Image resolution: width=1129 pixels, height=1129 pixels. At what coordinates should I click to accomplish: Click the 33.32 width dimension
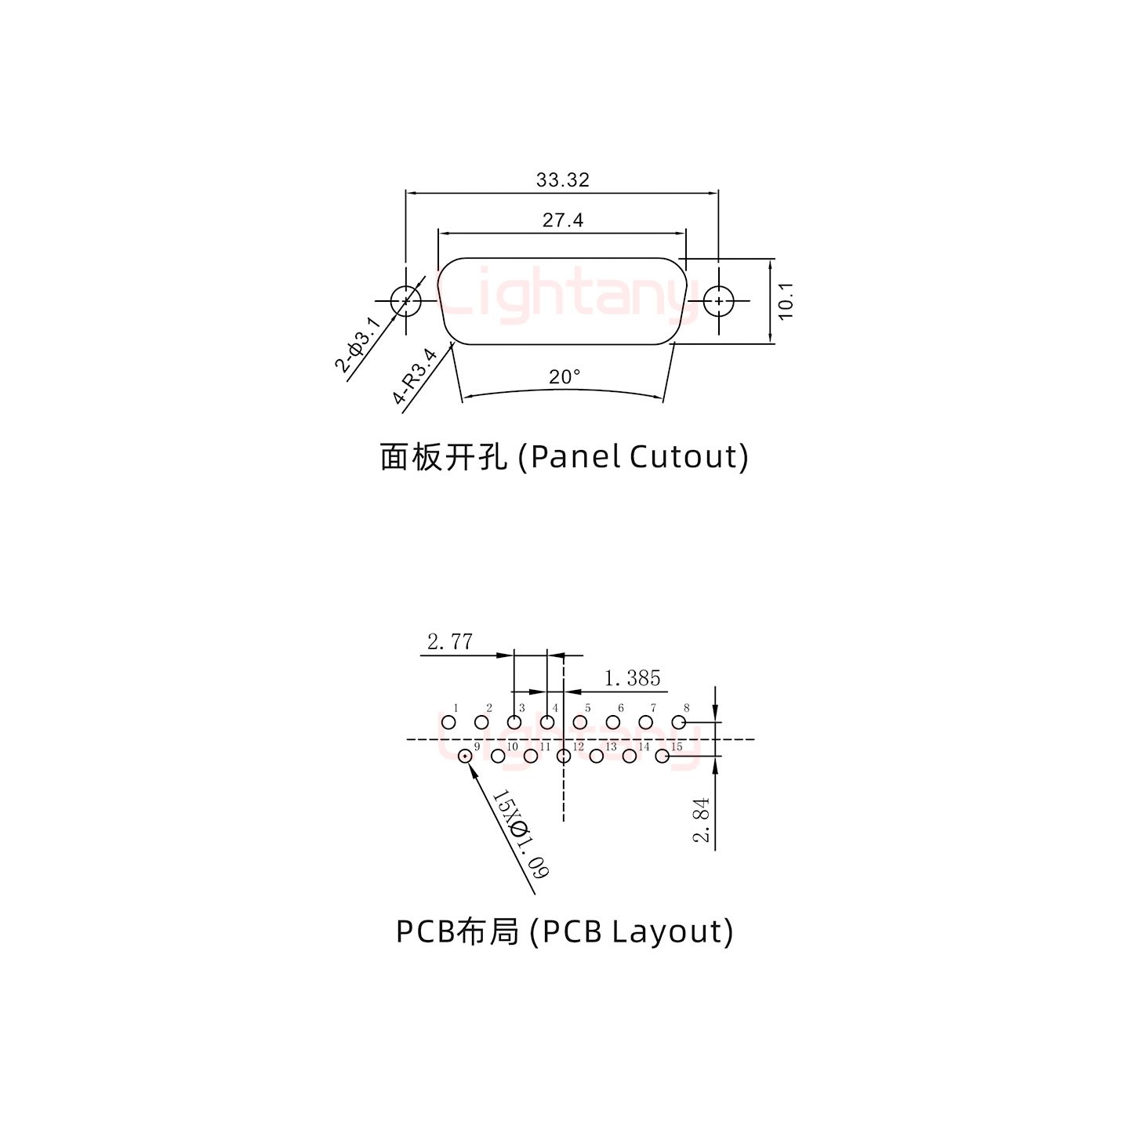(562, 180)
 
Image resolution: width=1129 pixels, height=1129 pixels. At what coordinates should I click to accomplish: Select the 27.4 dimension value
(562, 220)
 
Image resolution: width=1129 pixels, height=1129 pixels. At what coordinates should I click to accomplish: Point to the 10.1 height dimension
(786, 300)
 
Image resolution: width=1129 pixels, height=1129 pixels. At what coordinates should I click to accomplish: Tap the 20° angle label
(564, 377)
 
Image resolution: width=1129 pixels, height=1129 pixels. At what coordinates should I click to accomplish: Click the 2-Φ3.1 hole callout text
(359, 343)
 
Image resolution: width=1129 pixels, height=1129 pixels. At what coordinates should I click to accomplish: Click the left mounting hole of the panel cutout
(406, 300)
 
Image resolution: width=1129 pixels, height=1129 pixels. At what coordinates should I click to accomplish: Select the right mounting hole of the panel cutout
(718, 300)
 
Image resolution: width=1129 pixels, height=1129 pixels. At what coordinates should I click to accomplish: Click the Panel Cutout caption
(564, 456)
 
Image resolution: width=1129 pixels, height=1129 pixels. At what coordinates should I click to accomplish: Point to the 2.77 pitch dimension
(450, 642)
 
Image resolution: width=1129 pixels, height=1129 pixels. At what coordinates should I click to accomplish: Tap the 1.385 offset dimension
(632, 677)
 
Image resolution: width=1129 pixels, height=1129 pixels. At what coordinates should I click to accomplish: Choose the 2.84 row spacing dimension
(702, 819)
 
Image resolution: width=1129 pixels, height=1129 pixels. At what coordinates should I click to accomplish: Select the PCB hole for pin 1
(448, 722)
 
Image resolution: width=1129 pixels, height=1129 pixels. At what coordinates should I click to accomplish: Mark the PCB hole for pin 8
(679, 722)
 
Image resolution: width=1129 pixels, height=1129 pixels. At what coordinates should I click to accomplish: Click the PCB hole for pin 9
(465, 756)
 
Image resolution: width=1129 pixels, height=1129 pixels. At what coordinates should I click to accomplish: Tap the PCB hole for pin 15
(663, 756)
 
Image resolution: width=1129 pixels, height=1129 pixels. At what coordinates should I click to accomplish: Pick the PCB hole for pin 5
(580, 722)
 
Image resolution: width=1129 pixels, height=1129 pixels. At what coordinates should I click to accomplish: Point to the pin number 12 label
(579, 746)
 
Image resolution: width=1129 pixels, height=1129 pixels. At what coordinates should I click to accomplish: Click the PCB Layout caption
(564, 931)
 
